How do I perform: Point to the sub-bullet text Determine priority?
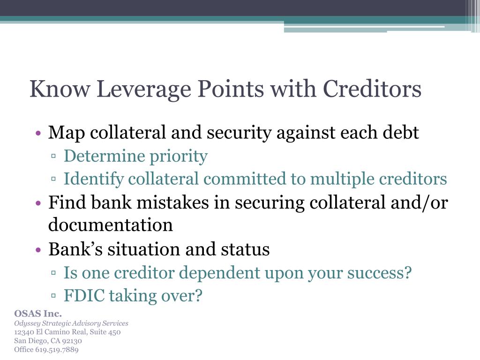[135, 156]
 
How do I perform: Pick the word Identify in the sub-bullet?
[94, 179]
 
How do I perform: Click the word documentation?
[111, 225]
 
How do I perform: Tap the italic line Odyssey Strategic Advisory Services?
[71, 323]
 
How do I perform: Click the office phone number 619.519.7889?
[57, 350]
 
